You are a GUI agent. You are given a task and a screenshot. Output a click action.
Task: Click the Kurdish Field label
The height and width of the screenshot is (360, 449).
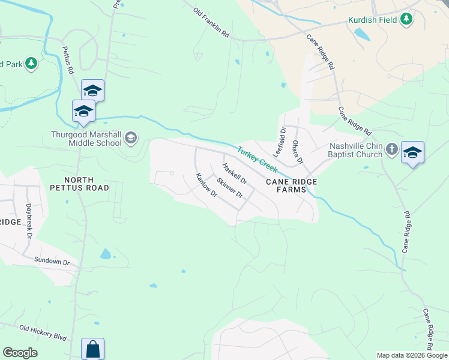pyautogui.click(x=373, y=20)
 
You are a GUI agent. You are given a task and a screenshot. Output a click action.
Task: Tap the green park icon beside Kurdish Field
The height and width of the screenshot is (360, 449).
pyautogui.click(x=406, y=19)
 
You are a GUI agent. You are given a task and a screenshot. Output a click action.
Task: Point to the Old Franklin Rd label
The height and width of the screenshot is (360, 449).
pyautogui.click(x=211, y=23)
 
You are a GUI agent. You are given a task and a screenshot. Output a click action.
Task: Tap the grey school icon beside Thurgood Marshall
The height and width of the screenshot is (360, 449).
pyautogui.click(x=130, y=140)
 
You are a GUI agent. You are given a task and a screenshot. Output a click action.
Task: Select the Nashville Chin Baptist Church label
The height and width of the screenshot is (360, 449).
pyautogui.click(x=356, y=150)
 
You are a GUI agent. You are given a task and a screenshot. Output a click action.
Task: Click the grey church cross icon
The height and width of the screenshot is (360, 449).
pyautogui.click(x=391, y=148)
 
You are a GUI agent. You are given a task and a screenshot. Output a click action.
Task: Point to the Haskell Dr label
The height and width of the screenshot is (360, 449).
pyautogui.click(x=234, y=174)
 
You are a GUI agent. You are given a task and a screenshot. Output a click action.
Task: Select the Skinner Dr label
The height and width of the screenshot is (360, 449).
pyautogui.click(x=230, y=188)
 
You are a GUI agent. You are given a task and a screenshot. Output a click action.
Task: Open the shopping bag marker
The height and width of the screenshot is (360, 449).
pyautogui.click(x=92, y=349)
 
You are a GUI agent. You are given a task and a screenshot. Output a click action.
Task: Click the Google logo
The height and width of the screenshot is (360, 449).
pyautogui.click(x=20, y=353)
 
